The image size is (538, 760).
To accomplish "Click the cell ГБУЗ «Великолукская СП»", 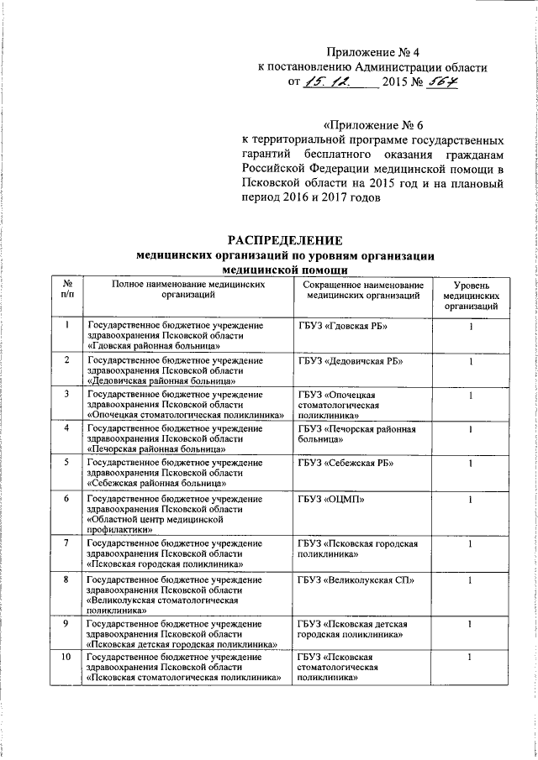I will (352, 580).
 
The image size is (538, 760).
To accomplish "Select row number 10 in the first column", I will (67, 656).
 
